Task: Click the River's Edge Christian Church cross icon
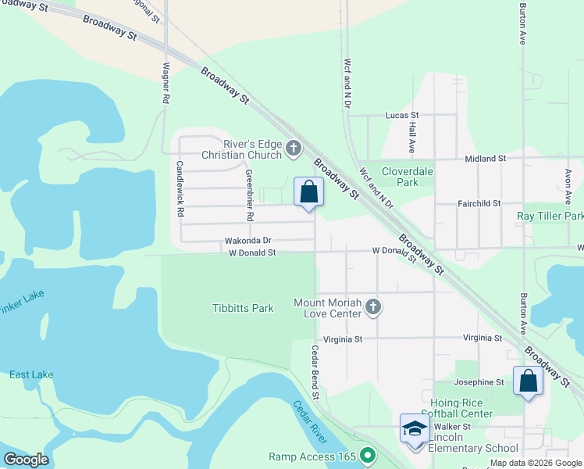pos(294,149)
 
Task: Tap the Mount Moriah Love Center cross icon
pos(373,307)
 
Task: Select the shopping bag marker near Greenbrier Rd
pos(308,192)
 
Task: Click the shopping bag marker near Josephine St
pos(528,381)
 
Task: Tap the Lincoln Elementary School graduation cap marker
pos(415,429)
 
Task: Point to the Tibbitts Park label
pos(243,308)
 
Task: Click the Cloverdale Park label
pos(400,177)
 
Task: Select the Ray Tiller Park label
pos(550,216)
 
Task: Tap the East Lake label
pos(31,374)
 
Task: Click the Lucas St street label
pos(402,115)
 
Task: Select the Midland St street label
pos(485,159)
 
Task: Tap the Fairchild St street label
pos(479,203)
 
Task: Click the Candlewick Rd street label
pos(180,188)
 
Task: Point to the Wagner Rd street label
pos(166,84)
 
